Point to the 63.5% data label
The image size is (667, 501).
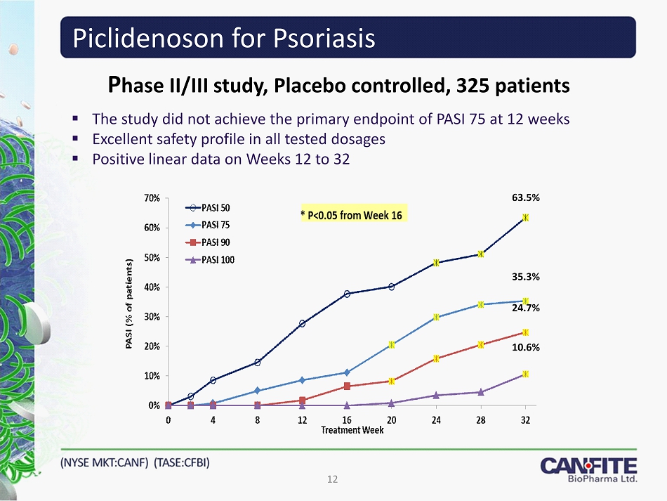pyautogui.click(x=525, y=198)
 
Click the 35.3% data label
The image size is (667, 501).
pyautogui.click(x=525, y=277)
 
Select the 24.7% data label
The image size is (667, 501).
pyautogui.click(x=525, y=308)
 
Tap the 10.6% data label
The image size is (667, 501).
pyautogui.click(x=525, y=347)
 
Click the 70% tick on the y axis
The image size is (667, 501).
pyautogui.click(x=153, y=198)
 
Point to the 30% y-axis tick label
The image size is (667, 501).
pyautogui.click(x=153, y=317)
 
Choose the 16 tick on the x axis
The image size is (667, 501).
pyautogui.click(x=347, y=419)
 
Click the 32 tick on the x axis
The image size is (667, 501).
pyautogui.click(x=525, y=419)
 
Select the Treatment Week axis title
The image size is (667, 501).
pyautogui.click(x=352, y=430)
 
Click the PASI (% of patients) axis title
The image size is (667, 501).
pyautogui.click(x=128, y=304)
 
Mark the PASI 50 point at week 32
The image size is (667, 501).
pyautogui.click(x=525, y=218)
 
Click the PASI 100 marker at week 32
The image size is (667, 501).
pyautogui.click(x=525, y=374)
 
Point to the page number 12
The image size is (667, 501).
pyautogui.click(x=333, y=479)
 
